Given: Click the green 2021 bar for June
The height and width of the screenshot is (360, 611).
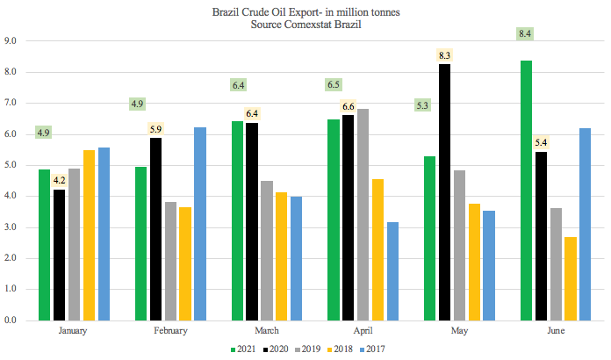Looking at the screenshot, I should (x=526, y=191).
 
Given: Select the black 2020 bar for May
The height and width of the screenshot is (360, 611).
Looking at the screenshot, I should (x=444, y=192).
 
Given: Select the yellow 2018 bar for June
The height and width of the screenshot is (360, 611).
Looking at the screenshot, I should (x=571, y=278).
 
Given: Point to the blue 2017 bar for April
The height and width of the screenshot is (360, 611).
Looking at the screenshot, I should (x=392, y=271).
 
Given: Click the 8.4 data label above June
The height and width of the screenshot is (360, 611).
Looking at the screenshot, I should (x=526, y=33).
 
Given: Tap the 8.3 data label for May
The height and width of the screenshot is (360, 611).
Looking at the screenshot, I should (x=444, y=55).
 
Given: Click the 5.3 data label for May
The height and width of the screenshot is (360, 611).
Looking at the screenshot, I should (x=422, y=106).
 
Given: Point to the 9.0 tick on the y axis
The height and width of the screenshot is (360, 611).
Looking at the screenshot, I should (x=11, y=40).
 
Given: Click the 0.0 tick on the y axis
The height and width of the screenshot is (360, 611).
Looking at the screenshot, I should (x=11, y=320).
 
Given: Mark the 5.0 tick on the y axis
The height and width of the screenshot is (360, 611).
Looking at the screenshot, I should (x=11, y=165).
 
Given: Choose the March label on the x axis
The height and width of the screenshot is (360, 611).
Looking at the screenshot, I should (x=267, y=330).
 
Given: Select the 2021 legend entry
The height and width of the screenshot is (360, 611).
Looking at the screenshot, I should (x=243, y=349).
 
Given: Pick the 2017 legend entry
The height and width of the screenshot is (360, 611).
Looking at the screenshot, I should (x=371, y=349).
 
